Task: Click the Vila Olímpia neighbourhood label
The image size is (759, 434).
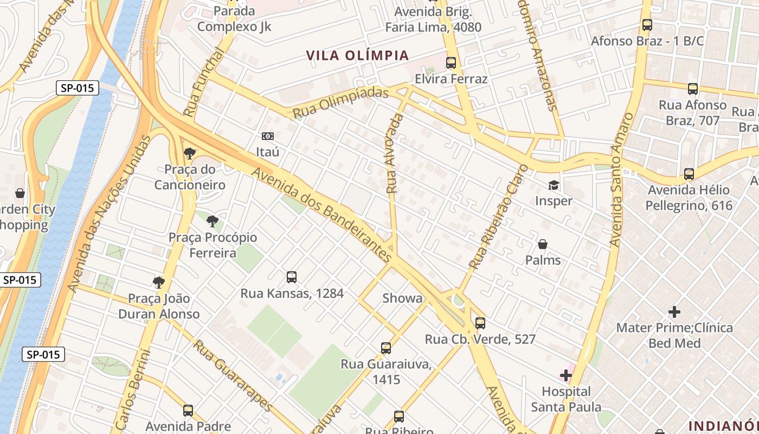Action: pyautogui.click(x=357, y=55)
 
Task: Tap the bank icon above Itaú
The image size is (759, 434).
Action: pyautogui.click(x=268, y=136)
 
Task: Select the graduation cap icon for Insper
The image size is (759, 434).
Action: pyautogui.click(x=554, y=186)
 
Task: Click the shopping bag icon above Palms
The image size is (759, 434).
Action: pyautogui.click(x=543, y=245)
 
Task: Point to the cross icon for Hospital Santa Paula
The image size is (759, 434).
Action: pyautogui.click(x=566, y=375)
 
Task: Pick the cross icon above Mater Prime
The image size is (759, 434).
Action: pyautogui.click(x=674, y=312)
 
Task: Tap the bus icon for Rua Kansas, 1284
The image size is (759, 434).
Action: pyautogui.click(x=292, y=277)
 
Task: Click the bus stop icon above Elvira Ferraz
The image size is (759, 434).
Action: pyautogui.click(x=451, y=63)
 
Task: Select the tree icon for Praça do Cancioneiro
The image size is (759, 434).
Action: pyautogui.click(x=190, y=154)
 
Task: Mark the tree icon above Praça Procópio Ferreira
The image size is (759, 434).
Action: pyautogui.click(x=213, y=221)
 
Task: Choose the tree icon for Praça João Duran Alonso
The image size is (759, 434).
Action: pyautogui.click(x=158, y=282)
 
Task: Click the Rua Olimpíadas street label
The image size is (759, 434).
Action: pyautogui.click(x=341, y=102)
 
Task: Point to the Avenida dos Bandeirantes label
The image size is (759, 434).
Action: pyautogui.click(x=322, y=215)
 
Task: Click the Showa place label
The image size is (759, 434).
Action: pyautogui.click(x=402, y=298)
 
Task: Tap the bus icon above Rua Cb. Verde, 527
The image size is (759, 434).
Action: pyautogui.click(x=480, y=323)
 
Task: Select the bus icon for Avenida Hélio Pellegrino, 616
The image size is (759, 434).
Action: pyautogui.click(x=689, y=174)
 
